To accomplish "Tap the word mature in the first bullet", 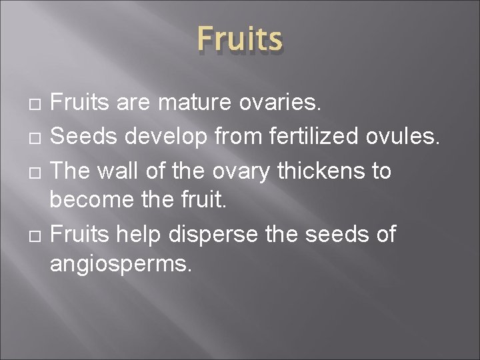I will click(x=185, y=103).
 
